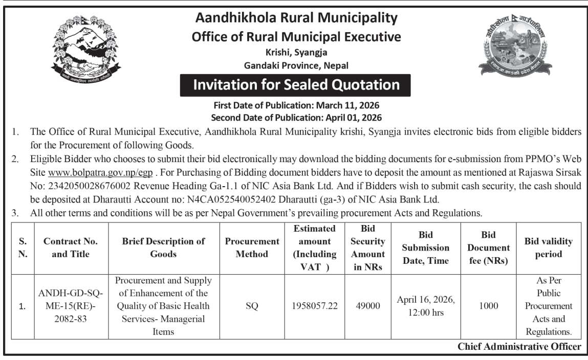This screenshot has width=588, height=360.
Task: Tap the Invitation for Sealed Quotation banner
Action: click(295, 85)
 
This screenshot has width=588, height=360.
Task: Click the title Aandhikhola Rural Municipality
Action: click(296, 18)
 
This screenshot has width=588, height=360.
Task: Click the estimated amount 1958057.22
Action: click(315, 306)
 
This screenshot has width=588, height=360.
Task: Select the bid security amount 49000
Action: click(368, 306)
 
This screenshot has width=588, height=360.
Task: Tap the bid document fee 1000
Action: click(488, 306)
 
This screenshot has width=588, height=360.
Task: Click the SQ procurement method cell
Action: click(252, 306)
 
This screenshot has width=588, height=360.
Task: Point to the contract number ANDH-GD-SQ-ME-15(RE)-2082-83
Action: click(71, 306)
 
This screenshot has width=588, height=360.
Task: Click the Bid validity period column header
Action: click(548, 248)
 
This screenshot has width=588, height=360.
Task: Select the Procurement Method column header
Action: click(252, 248)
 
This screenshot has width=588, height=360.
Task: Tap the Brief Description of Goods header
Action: click(164, 248)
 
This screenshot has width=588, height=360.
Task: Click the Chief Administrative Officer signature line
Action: click(519, 347)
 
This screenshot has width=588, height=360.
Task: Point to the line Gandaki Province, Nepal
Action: click(296, 65)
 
